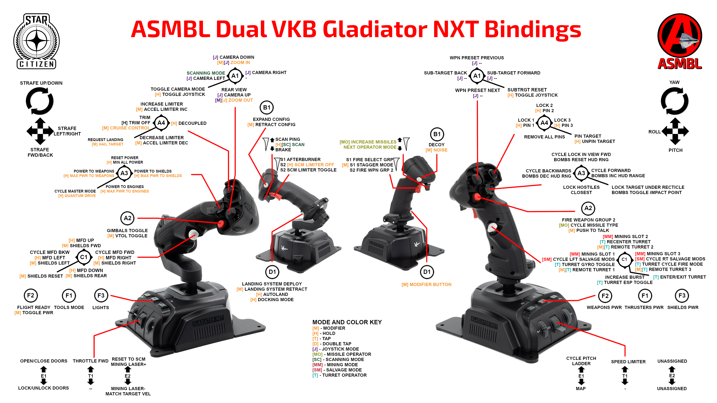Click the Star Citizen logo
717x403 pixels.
click(36, 41)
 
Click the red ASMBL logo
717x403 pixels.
click(679, 41)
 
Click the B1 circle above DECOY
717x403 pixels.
click(437, 134)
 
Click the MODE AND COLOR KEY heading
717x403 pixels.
click(347, 322)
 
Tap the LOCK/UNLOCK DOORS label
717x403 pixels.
click(44, 388)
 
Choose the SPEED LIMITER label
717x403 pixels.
click(628, 362)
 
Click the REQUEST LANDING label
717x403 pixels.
click(105, 140)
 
